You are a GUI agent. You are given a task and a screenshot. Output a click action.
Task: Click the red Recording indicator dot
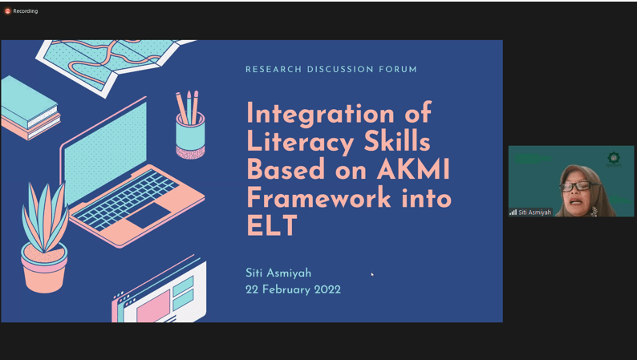pyautogui.click(x=7, y=11)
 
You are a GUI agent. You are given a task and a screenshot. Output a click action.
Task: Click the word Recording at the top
pyautogui.click(x=25, y=11)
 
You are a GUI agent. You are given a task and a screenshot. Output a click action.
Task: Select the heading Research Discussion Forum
pyautogui.click(x=331, y=70)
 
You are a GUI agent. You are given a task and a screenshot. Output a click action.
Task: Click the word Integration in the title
pyautogui.click(x=321, y=113)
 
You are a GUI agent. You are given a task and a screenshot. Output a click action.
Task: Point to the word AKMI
pyautogui.click(x=413, y=169)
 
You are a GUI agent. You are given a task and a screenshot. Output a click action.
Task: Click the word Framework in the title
pyautogui.click(x=319, y=197)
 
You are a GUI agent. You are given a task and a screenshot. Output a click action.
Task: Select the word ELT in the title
pyautogui.click(x=272, y=225)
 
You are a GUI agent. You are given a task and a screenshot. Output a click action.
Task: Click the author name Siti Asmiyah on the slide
pyautogui.click(x=278, y=273)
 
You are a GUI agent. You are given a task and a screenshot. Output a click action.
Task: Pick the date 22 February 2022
pyautogui.click(x=293, y=289)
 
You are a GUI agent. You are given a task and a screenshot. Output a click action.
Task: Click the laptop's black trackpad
pyautogui.click(x=148, y=215)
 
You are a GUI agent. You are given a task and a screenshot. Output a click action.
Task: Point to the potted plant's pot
pyautogui.click(x=44, y=267)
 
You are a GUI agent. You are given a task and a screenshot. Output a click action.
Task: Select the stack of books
pyautogui.click(x=30, y=108)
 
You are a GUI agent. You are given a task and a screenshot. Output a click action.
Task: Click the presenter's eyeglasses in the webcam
pyautogui.click(x=576, y=186)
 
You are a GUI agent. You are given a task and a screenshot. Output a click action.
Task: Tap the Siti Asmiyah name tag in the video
pyautogui.click(x=530, y=212)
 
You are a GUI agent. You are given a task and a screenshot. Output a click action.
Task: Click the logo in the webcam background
pyautogui.click(x=613, y=159)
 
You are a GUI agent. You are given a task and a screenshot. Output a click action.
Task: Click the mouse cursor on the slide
pyautogui.click(x=372, y=274)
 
